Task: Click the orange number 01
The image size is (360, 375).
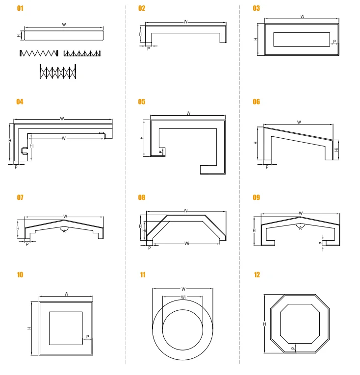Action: pyautogui.click(x=20, y=8)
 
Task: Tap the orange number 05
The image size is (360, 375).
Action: pyautogui.click(x=141, y=102)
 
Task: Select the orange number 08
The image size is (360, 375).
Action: pyautogui.click(x=141, y=198)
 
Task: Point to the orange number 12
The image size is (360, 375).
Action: pyautogui.click(x=257, y=275)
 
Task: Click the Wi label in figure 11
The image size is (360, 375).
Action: pyautogui.click(x=183, y=297)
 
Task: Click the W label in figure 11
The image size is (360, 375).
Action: pyautogui.click(x=183, y=289)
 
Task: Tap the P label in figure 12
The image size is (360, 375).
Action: pyautogui.click(x=293, y=349)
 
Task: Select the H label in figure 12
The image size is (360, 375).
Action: pyautogui.click(x=264, y=324)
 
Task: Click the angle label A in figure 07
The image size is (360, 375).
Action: pyautogui.click(x=64, y=231)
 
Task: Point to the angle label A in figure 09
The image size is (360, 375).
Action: pyautogui.click(x=300, y=228)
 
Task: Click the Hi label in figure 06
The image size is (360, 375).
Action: pyautogui.click(x=336, y=150)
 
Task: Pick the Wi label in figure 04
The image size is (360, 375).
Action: pyautogui.click(x=64, y=138)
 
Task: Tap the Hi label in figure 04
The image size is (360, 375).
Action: pyautogui.click(x=31, y=146)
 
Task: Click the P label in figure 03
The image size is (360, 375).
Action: pyautogui.click(x=334, y=42)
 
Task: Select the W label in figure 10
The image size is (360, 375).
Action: pyautogui.click(x=66, y=294)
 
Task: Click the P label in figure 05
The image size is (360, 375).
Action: pyautogui.click(x=160, y=152)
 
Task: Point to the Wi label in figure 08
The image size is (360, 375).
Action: pyautogui.click(x=187, y=244)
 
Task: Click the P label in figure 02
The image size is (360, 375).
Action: pyautogui.click(x=149, y=49)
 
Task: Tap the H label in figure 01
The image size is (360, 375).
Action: pyautogui.click(x=19, y=36)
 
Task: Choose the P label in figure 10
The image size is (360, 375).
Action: pyautogui.click(x=88, y=336)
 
